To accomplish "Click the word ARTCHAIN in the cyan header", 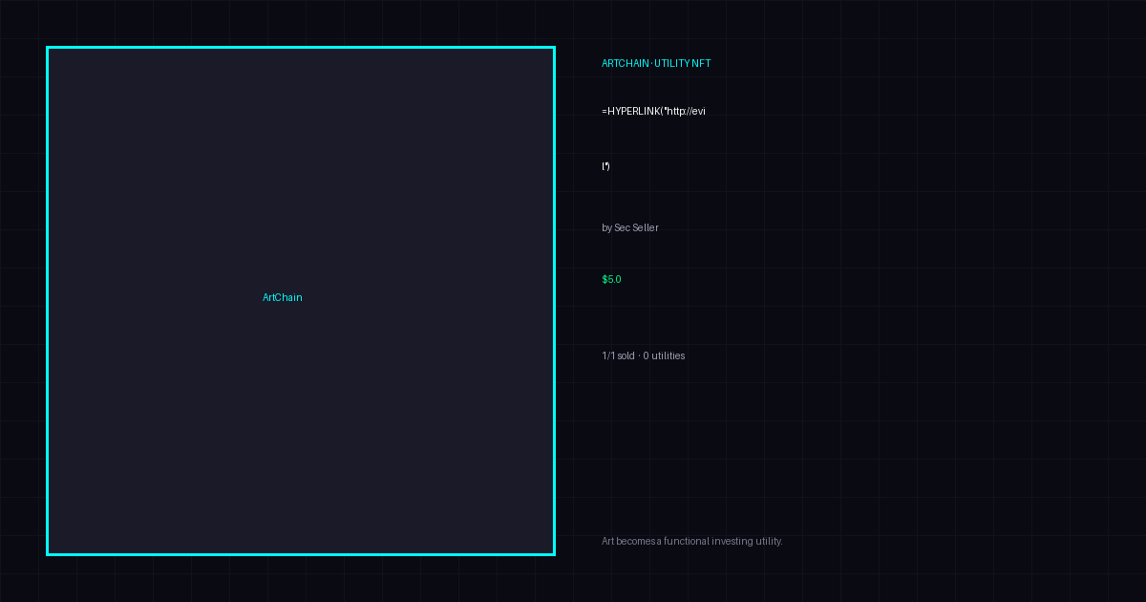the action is (x=626, y=63).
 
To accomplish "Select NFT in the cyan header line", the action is (x=701, y=63).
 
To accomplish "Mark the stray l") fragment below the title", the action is (x=605, y=166).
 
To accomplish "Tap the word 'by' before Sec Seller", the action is (x=606, y=227).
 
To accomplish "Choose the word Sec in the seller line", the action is (x=622, y=227).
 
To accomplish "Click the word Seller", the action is (x=646, y=227).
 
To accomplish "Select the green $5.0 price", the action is (x=611, y=279).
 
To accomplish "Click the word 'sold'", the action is (x=626, y=355).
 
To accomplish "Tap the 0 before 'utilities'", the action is (x=646, y=355).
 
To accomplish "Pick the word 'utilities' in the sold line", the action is (x=668, y=355).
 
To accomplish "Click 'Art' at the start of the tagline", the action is (x=607, y=541).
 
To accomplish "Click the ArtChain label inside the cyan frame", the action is (x=283, y=297).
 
